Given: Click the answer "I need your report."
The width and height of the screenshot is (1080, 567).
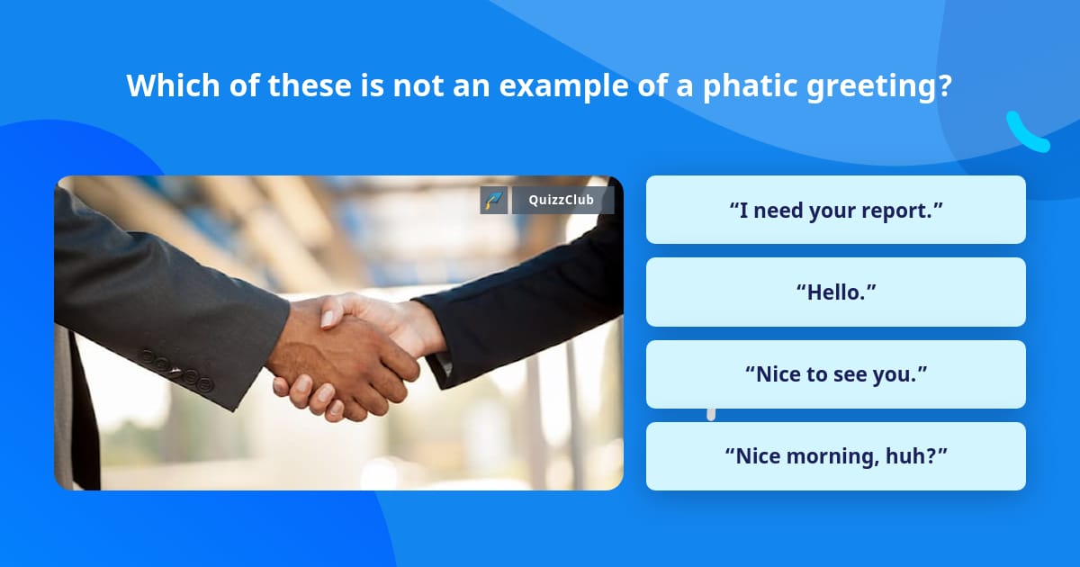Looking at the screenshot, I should (835, 210).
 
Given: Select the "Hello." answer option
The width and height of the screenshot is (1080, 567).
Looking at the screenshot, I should (835, 292).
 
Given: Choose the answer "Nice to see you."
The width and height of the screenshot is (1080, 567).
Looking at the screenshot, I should (835, 374).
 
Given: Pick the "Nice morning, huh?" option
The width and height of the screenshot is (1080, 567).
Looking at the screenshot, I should (835, 456).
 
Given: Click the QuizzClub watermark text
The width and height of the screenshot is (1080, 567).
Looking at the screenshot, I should (562, 201).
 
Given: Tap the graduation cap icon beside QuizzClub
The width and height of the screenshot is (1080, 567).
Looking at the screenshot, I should (494, 201).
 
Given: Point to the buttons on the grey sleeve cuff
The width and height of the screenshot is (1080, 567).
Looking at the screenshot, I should (180, 372).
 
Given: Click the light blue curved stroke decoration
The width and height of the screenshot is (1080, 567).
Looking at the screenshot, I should (1026, 132).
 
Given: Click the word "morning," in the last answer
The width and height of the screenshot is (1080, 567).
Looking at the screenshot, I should (832, 456).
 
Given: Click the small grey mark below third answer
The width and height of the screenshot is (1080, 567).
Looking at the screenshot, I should (711, 414).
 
